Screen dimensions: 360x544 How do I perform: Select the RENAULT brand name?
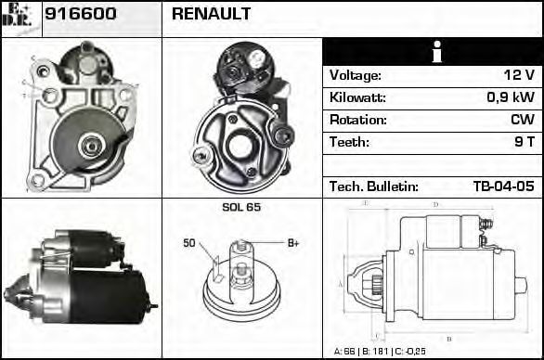pos(211,15)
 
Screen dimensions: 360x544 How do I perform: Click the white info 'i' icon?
pos(433,52)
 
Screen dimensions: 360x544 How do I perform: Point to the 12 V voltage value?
pos(518,75)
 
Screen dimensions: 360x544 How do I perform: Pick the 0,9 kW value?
pos(512,97)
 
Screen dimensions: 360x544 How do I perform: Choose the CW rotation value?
pos(522,120)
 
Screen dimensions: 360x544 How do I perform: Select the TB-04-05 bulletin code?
pos(503,186)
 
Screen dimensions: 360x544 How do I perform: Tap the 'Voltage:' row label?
pos(356,75)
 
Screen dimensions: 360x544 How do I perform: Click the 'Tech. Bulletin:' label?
pos(374,186)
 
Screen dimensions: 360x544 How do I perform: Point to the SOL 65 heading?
pos(240,207)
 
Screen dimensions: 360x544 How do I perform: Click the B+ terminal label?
pos(293,243)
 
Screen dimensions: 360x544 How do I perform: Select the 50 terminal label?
pos(189,243)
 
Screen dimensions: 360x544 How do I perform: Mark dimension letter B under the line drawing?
pos(448,339)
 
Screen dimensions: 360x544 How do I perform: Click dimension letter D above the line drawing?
pos(435,204)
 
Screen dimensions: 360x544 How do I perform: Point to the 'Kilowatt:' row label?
pos(357,97)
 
